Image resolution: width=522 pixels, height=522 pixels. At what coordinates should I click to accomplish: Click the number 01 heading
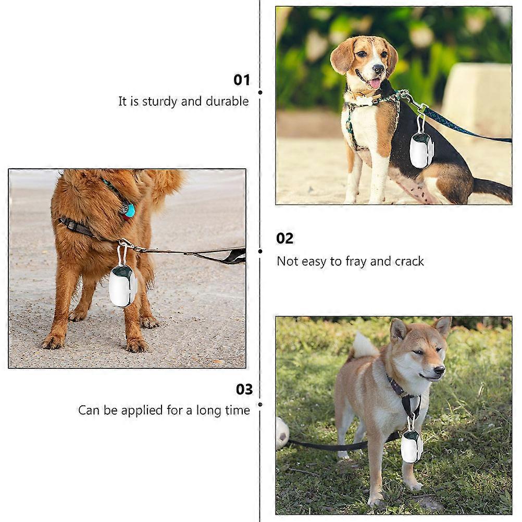(242, 80)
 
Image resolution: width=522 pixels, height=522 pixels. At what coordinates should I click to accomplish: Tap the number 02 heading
(284, 239)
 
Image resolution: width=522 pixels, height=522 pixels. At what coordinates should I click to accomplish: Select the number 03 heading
(244, 389)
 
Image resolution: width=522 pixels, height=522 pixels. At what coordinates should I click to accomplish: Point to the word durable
(227, 101)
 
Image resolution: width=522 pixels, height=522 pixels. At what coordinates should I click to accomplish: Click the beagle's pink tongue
(375, 83)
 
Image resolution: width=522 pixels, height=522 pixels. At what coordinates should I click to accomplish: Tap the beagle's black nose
(379, 69)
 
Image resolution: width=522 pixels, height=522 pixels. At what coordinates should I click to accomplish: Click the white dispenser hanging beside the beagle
(421, 151)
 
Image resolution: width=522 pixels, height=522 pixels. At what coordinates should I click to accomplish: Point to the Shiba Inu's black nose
(440, 370)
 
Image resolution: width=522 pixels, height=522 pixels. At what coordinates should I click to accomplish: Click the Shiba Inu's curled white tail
(365, 345)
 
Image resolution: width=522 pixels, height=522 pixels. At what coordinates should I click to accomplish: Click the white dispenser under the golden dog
(122, 286)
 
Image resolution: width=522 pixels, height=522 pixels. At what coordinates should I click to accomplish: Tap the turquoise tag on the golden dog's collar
(130, 210)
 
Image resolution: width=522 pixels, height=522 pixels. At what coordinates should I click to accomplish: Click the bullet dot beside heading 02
(260, 251)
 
